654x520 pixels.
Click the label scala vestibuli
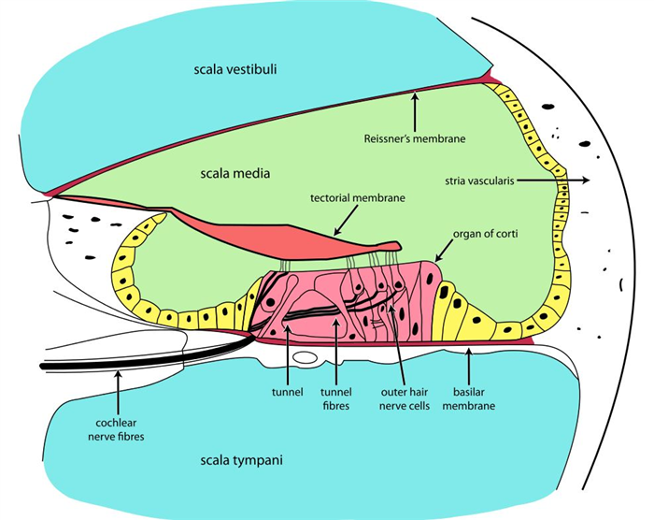pyautogui.click(x=236, y=69)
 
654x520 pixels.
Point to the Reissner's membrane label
pyautogui.click(x=414, y=139)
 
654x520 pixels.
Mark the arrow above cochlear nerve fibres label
pyautogui.click(x=118, y=383)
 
